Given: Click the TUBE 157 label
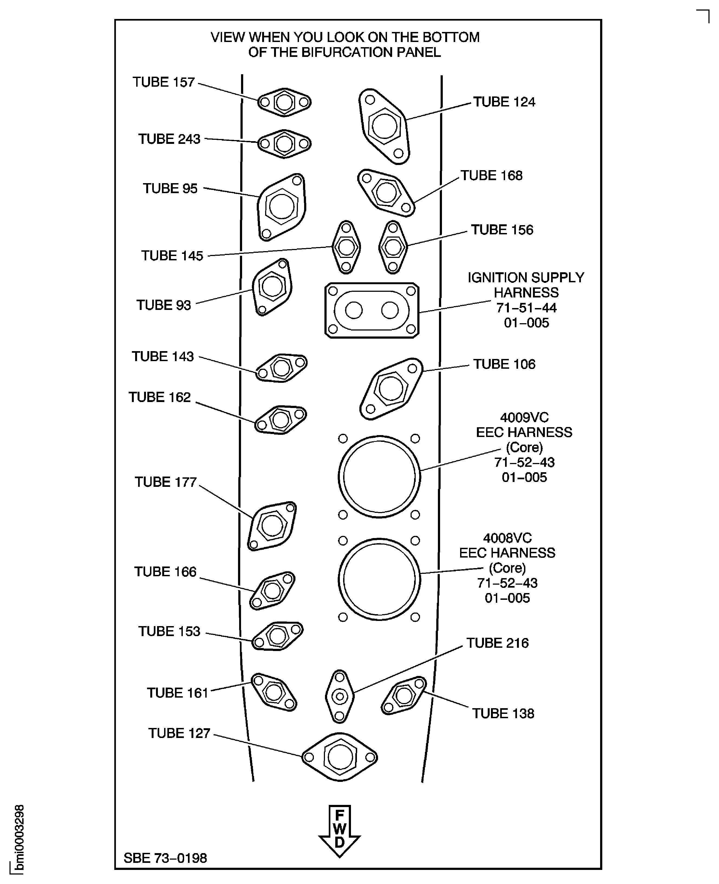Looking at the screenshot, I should pos(163,82).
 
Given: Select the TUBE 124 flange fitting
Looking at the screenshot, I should pos(384,126).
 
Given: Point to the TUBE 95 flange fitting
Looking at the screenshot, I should pos(282,206).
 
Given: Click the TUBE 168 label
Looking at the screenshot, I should pos(491,175).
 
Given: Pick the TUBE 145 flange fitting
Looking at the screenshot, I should pos(346,247).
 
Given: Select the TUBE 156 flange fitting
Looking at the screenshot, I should pos(393,247).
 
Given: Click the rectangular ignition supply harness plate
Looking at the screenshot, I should pos(372,310).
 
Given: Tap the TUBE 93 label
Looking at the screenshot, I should pos(164,305).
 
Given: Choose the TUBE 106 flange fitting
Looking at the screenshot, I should pos(391,388).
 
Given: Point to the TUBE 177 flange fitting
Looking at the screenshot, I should pos(272,526).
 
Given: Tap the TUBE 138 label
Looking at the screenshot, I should pos(503,713).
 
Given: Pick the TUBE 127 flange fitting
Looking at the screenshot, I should pos(340,757).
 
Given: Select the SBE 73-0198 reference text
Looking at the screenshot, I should pos(165,858).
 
